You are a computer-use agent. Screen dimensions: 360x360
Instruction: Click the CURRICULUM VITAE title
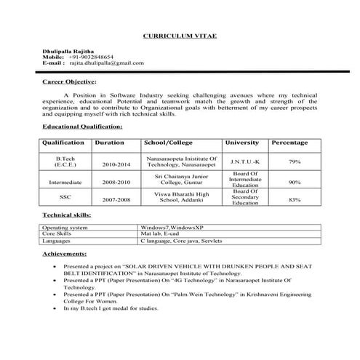tap(179, 35)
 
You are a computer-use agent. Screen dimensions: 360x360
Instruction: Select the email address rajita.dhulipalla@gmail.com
tap(107, 63)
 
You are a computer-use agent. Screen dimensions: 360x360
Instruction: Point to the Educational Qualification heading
tap(82, 127)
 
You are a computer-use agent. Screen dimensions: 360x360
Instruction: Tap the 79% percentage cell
tap(295, 161)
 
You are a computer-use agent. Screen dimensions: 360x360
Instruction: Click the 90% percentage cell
tap(295, 182)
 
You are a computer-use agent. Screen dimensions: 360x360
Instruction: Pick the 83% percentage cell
tap(295, 199)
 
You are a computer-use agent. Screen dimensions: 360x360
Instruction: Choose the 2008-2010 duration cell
tap(117, 183)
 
